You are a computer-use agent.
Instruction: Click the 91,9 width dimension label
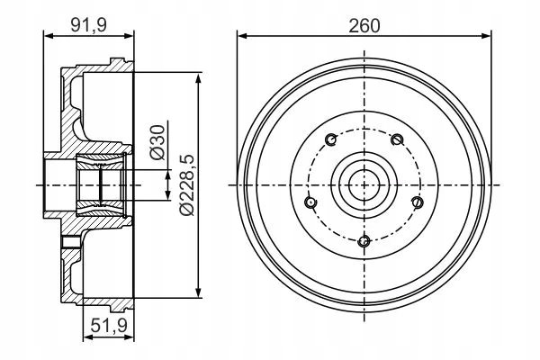coord(89,25)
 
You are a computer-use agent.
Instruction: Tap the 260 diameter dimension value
coord(364,26)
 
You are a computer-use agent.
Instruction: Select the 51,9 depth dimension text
coord(109,325)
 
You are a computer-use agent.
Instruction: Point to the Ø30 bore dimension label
coord(157,142)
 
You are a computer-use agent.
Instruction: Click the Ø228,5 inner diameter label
coord(188,185)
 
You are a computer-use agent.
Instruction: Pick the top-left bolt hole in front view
coord(331,139)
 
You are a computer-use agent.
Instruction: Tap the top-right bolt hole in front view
coord(397,139)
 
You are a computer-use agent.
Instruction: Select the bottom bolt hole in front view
coord(364,241)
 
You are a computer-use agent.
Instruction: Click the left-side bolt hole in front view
coord(310,202)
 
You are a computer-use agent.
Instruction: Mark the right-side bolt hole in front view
coord(418,202)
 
